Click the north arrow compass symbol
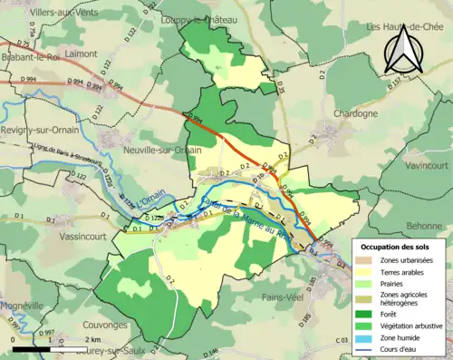click(401, 49)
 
